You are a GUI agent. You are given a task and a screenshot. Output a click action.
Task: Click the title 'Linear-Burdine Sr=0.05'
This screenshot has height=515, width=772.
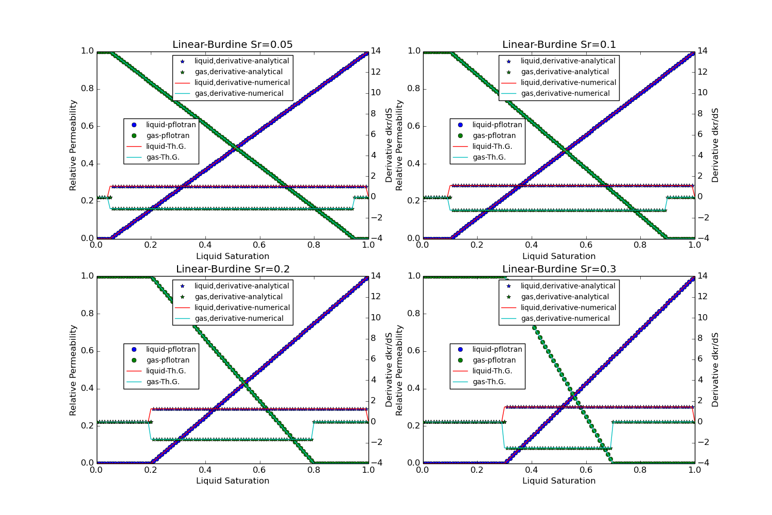[x=232, y=45]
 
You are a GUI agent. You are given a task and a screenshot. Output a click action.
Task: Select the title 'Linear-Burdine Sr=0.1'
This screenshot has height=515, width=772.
[x=559, y=45]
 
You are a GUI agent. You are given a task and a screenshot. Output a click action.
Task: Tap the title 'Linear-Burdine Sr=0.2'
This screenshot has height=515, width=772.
[x=233, y=269]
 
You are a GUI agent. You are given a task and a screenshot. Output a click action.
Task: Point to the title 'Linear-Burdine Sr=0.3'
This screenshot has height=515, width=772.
[x=559, y=269]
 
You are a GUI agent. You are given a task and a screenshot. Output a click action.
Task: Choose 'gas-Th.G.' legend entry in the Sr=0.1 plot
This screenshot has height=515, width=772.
[x=489, y=157]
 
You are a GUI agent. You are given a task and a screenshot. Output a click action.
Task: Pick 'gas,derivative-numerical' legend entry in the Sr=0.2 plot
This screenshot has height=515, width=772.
[x=239, y=318]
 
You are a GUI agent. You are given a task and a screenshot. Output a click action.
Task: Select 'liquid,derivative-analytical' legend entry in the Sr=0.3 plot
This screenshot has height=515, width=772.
[x=568, y=286]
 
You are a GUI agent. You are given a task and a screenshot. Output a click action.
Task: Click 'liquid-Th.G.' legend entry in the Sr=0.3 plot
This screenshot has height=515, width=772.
[x=492, y=371]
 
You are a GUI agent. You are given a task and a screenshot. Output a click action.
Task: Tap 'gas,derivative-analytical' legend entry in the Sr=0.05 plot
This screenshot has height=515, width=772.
[x=238, y=72]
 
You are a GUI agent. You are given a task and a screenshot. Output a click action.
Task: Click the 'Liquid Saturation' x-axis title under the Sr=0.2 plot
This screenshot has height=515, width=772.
[x=233, y=481]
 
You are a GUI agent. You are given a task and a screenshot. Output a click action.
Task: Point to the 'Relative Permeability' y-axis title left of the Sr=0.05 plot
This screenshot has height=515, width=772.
[x=73, y=145]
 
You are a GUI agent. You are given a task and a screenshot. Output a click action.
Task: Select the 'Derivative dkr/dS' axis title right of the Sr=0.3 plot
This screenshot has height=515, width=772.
[x=715, y=370]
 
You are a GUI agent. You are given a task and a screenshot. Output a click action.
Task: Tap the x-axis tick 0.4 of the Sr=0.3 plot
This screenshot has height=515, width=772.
[x=532, y=470]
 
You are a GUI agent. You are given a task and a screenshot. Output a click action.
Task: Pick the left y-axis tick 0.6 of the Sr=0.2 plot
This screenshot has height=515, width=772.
[x=87, y=351]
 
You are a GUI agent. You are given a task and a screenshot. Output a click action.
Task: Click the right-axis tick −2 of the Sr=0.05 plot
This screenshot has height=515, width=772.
[x=375, y=217]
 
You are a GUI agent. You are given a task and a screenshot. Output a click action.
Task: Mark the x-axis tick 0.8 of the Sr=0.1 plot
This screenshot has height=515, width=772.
[x=640, y=245]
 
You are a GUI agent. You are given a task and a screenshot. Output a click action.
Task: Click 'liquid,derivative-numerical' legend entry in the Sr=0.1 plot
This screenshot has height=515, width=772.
[x=568, y=82]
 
